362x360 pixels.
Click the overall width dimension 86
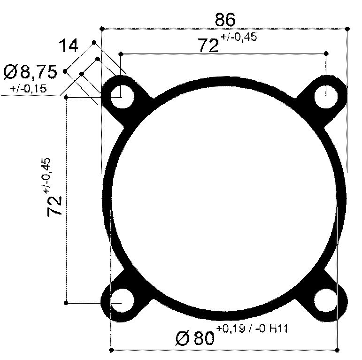point(225,20)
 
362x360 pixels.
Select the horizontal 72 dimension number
point(208,46)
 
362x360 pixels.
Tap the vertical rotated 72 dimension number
point(55,206)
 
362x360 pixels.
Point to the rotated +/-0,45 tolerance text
point(47,176)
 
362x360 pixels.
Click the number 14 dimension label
point(69,46)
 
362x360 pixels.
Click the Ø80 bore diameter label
point(193,338)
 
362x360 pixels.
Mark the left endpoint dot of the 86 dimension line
point(101,29)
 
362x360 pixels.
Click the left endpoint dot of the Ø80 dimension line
point(110,350)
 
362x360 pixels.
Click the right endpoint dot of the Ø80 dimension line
point(337,350)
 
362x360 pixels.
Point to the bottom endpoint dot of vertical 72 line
point(66,303)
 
